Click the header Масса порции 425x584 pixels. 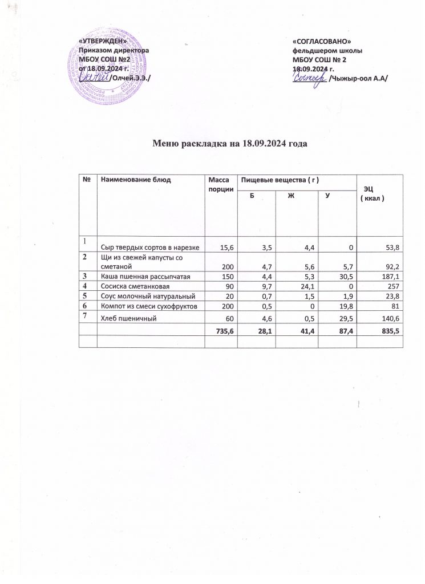[x=219, y=184]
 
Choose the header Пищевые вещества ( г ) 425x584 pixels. [x=279, y=180]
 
